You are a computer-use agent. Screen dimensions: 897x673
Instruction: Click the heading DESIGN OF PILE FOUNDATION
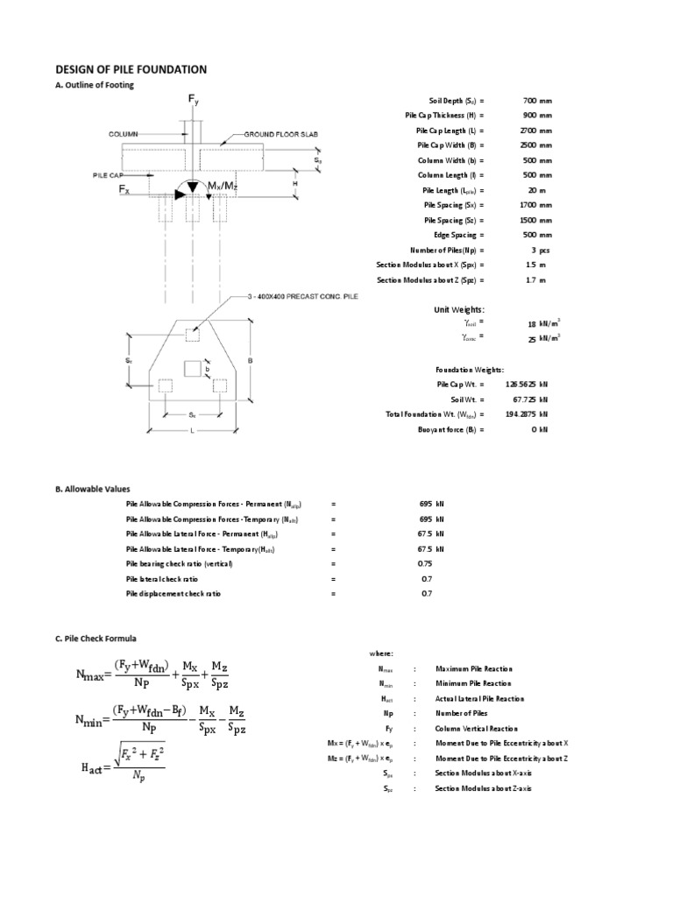point(131,69)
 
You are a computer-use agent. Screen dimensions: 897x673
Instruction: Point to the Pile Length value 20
point(525,190)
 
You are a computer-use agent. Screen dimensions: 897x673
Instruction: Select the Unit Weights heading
point(459,309)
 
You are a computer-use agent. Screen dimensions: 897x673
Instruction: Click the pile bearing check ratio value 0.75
point(424,564)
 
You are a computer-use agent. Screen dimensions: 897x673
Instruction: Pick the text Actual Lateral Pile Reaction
point(479,698)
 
